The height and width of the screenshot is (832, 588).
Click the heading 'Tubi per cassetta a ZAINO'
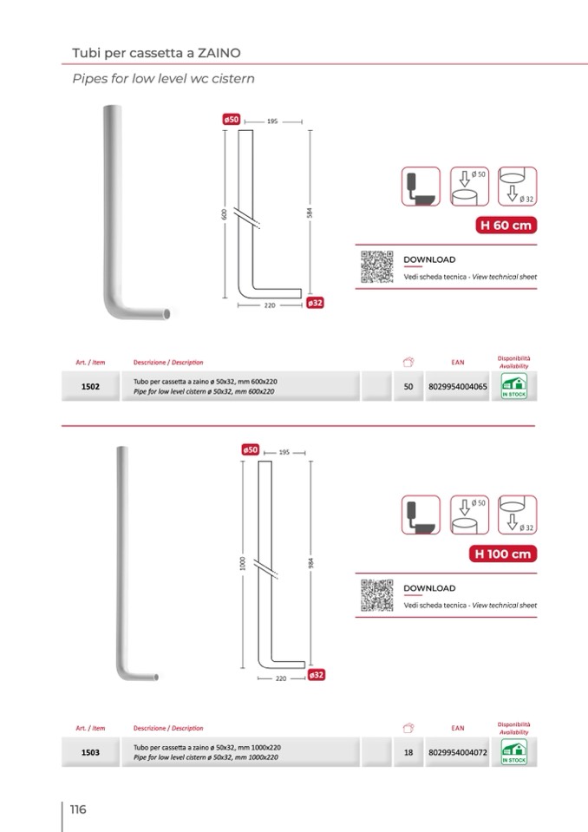[156, 53]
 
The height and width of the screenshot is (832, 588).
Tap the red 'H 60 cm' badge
[506, 225]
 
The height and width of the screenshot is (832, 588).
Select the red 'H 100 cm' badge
[503, 554]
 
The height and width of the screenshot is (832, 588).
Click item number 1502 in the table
[90, 386]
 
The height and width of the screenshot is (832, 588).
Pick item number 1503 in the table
[90, 752]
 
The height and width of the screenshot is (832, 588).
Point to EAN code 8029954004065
[458, 386]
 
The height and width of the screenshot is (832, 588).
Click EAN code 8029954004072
[458, 752]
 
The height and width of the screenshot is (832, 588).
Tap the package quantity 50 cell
[408, 386]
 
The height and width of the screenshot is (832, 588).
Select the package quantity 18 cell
[408, 752]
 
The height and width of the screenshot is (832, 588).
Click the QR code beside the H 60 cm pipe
[377, 266]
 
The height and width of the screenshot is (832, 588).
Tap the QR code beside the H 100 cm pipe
[377, 595]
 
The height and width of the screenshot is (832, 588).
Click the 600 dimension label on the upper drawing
[225, 213]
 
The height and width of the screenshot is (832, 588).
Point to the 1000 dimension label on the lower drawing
[243, 564]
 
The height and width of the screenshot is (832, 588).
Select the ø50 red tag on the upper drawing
[232, 120]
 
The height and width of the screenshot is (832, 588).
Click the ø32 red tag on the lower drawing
[316, 675]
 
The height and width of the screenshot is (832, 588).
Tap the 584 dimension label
[310, 213]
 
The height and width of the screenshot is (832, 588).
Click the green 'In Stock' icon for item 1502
[513, 386]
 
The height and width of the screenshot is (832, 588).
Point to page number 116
[78, 809]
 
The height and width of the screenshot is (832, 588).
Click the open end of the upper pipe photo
[167, 313]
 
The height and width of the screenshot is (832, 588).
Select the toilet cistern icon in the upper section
[421, 187]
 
